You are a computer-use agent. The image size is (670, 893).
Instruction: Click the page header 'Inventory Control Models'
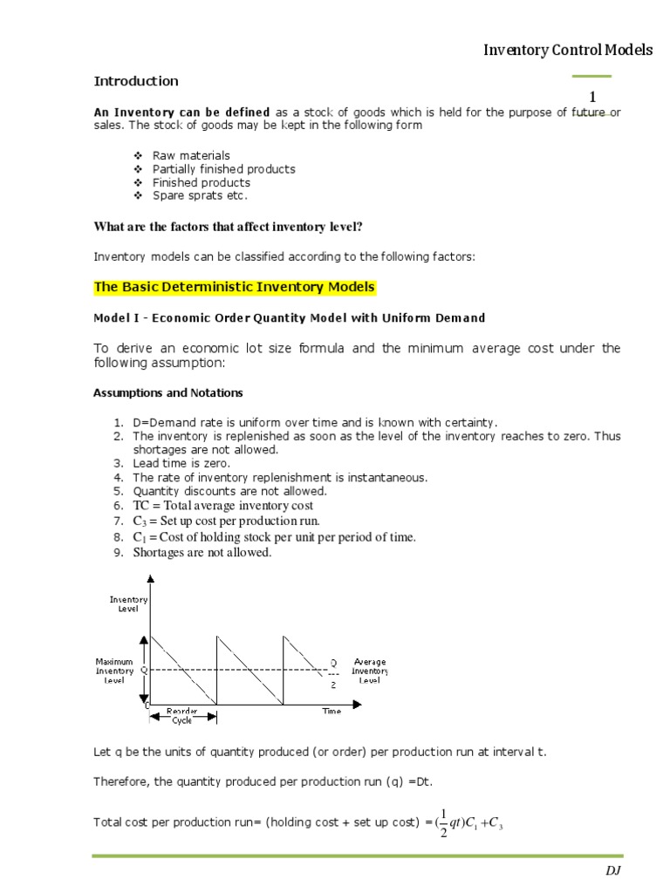point(568,51)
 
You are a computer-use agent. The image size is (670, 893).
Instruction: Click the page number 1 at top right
point(592,98)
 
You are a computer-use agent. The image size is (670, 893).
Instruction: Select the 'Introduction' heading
point(136,81)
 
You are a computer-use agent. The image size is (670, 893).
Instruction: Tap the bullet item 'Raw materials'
point(191,155)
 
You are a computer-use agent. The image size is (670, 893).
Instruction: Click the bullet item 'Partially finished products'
point(223,169)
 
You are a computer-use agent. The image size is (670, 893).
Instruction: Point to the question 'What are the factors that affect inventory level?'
point(228,227)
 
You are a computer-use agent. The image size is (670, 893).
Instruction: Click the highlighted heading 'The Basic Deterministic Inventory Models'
point(234,287)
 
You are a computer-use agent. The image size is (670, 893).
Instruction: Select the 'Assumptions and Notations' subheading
point(168,393)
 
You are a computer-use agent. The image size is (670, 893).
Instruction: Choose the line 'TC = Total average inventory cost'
point(222,506)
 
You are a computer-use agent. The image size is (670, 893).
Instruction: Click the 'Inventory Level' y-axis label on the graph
point(128,603)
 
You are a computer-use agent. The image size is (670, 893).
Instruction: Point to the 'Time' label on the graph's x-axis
point(332,712)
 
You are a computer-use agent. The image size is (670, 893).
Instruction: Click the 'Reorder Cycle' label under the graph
point(181,716)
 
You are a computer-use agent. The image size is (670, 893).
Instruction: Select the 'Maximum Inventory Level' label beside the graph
point(114,671)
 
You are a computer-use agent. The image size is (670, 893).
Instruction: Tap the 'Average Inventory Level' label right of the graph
point(369,671)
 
